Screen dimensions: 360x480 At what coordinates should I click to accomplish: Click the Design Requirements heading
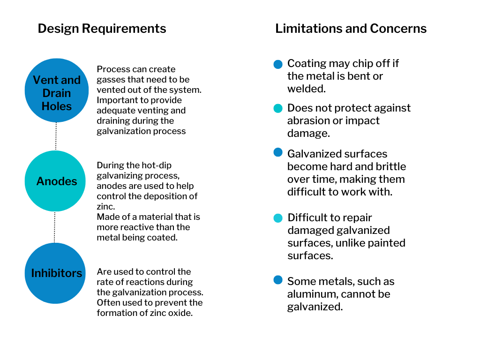click(x=102, y=29)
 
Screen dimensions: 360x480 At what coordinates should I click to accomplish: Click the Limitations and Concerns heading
click(x=351, y=29)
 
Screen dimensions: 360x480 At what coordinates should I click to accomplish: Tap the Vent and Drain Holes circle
click(x=56, y=90)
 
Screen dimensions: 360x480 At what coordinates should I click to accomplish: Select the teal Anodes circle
click(x=55, y=181)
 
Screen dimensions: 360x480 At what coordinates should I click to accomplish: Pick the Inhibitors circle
click(x=55, y=273)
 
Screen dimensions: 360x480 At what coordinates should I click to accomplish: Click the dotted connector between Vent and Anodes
click(x=56, y=136)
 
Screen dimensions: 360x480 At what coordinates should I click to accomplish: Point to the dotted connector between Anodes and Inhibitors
click(x=55, y=227)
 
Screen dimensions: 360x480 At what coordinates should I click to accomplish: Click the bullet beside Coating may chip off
click(x=278, y=64)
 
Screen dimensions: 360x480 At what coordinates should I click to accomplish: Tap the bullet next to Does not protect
click(x=278, y=108)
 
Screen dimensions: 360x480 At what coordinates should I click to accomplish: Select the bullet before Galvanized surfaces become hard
click(x=278, y=152)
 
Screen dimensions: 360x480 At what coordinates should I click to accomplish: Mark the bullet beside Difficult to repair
click(x=278, y=218)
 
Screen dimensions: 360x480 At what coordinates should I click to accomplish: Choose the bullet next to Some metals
click(x=278, y=280)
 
